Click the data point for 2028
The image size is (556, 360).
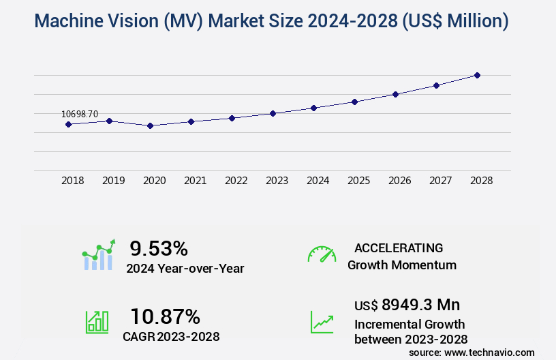(477, 75)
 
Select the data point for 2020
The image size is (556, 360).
(150, 125)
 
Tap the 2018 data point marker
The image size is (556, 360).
(68, 124)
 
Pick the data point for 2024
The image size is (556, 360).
(313, 108)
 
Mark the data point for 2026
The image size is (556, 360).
(395, 94)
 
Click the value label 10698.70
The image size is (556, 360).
(80, 114)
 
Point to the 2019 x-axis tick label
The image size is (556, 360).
(114, 181)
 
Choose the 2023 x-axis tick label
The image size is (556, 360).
(277, 181)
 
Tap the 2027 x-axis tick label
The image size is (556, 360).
(441, 181)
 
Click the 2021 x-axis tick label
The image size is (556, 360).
(196, 181)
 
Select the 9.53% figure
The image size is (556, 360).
(159, 248)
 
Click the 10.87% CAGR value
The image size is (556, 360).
(166, 316)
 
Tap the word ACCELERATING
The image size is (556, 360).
(399, 248)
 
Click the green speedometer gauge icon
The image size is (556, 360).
(322, 254)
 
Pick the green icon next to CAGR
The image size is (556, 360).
(97, 322)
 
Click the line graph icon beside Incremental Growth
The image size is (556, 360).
(322, 322)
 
